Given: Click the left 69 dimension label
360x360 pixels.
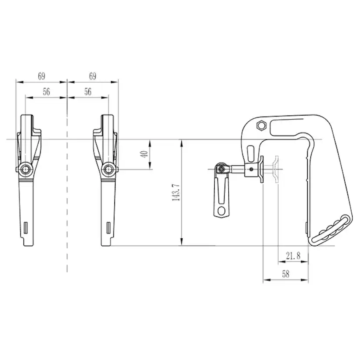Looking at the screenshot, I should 41,76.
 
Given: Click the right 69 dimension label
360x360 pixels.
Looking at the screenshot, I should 93,76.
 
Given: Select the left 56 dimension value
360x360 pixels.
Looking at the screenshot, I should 46,92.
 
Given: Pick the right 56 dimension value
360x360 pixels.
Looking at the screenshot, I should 88,92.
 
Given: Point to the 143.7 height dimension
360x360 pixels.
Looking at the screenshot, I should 175,192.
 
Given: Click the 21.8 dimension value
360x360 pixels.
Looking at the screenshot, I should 293,256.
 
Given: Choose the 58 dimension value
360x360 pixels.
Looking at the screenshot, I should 286,274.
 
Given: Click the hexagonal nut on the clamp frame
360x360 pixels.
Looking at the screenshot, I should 261,126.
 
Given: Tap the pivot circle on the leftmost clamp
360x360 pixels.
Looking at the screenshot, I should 27,169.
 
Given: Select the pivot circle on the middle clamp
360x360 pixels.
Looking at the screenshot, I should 107,169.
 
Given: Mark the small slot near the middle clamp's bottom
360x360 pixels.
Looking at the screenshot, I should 107,227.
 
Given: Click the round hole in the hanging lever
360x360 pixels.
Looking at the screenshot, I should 222,211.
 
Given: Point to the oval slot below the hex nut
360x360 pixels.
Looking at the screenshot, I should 251,153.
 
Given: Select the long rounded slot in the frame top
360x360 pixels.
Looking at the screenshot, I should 287,127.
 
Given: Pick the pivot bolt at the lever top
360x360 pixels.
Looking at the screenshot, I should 222,168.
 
